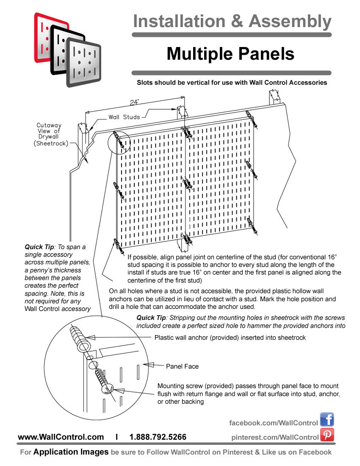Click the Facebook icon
tap(327, 419)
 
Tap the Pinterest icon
tap(327, 435)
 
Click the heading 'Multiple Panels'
tap(230, 54)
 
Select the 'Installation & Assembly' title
tap(232, 21)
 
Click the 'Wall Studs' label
tap(124, 117)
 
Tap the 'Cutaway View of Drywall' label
tap(49, 134)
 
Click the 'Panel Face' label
tap(182, 366)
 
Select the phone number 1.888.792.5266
tap(158, 437)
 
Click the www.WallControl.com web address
tap(61, 437)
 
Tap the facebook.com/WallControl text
tap(274, 423)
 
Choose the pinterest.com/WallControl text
tap(275, 437)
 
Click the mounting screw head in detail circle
tap(107, 389)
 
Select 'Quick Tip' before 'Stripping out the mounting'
tap(150, 318)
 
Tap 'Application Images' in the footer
tap(71, 452)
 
